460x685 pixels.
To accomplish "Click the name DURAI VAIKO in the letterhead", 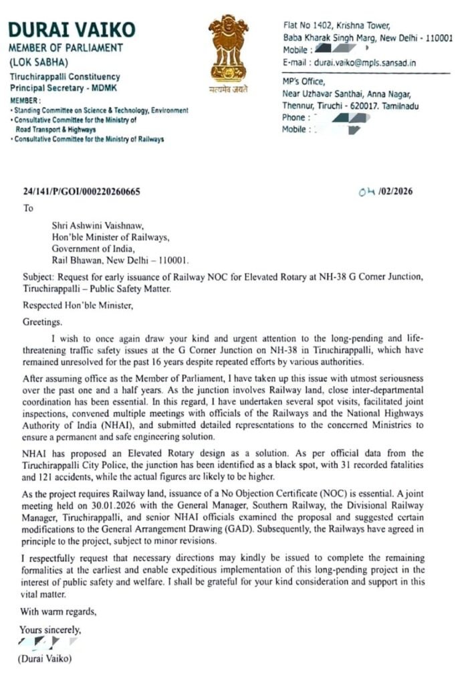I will [x=72, y=29].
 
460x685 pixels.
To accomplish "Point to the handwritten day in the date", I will [x=367, y=191].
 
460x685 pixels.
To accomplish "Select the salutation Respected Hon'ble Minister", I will [x=78, y=306].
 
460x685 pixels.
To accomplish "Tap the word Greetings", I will [x=43, y=322].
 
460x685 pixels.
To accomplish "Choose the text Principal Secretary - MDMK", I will [x=62, y=88].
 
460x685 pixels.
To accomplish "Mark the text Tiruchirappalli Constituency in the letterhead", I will [x=64, y=77].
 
